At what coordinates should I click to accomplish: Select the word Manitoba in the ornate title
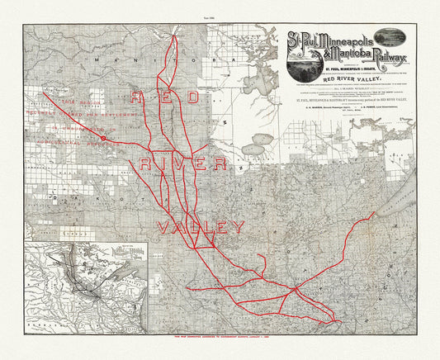click(330, 55)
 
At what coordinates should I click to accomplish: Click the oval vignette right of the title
click(407, 39)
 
